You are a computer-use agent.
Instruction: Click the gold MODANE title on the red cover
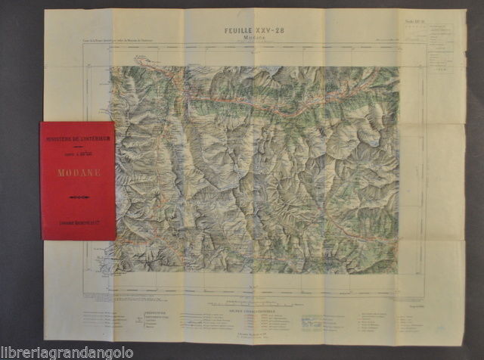click(77, 172)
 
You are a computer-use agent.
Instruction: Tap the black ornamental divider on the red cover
click(77, 197)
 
